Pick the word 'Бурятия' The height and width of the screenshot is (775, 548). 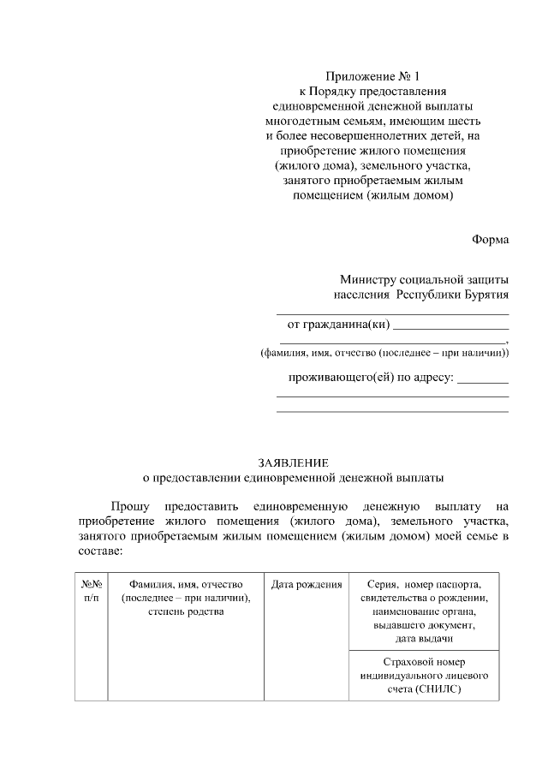(x=484, y=295)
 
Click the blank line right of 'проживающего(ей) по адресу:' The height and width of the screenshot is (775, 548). (x=483, y=380)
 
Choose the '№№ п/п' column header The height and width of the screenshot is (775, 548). (x=92, y=591)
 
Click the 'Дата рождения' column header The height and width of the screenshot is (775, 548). (x=307, y=584)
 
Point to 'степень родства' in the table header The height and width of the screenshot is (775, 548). (x=186, y=611)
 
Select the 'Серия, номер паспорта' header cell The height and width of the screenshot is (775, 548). (x=424, y=584)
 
